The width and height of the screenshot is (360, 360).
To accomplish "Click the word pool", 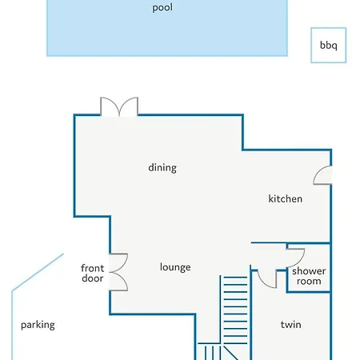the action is click(x=162, y=7).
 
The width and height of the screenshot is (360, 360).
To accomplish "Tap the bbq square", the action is click(x=329, y=45).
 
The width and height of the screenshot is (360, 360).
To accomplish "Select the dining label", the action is click(x=162, y=168).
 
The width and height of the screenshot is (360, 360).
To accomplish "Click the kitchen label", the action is click(x=285, y=198).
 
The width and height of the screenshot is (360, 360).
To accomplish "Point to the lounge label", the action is click(x=175, y=267).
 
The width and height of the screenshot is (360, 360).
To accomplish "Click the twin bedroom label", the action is click(x=290, y=325).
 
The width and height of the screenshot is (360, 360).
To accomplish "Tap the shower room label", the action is click(x=309, y=276).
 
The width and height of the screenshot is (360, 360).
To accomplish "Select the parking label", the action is click(x=38, y=325).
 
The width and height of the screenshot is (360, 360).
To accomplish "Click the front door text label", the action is click(x=92, y=273).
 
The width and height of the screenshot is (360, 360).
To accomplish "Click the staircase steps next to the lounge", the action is click(x=235, y=310).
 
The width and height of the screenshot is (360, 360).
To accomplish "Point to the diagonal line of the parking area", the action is click(x=38, y=272).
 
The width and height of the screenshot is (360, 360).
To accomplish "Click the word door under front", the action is click(x=92, y=278).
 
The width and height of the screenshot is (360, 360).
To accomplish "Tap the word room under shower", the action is click(x=309, y=281).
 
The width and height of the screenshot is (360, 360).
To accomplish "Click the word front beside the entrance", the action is click(x=92, y=268).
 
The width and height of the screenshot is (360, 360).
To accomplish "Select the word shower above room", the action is click(x=309, y=271).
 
